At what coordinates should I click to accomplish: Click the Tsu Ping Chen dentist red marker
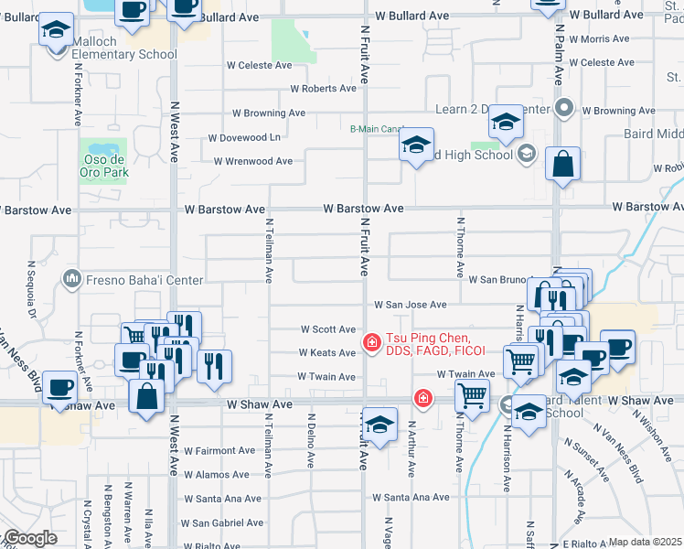[x=371, y=343]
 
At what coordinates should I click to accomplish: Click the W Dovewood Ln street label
[x=244, y=137]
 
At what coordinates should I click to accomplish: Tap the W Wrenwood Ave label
[x=252, y=161]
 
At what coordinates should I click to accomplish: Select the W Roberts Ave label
[x=323, y=89]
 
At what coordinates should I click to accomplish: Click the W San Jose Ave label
[x=409, y=305]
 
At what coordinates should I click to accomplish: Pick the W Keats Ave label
[x=326, y=352]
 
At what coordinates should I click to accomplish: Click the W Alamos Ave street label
[x=216, y=475]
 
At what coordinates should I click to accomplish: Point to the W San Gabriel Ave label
[x=222, y=523]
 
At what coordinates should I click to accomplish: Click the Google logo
[x=29, y=538]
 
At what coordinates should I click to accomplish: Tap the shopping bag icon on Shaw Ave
[x=146, y=397]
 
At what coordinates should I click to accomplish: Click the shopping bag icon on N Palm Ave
[x=563, y=165]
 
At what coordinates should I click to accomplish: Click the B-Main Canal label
[x=377, y=129]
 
